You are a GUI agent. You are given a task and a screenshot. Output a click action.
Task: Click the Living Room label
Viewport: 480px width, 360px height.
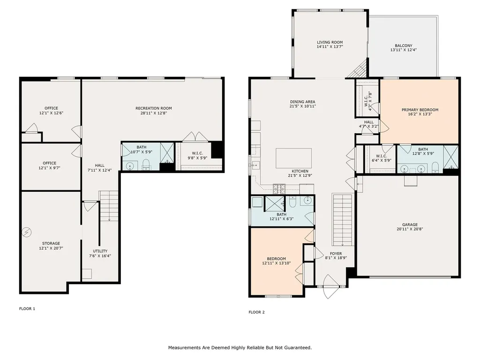330,42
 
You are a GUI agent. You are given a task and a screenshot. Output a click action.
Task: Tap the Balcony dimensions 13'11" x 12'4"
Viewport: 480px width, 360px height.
403,50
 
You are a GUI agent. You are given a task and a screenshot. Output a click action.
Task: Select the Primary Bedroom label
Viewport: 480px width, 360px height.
420,110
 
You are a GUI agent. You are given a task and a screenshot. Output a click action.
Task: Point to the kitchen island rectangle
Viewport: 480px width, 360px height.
293,158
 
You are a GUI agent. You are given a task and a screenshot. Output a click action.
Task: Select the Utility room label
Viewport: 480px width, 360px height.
100,251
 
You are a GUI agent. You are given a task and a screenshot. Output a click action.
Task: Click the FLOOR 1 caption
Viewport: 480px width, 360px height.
27,309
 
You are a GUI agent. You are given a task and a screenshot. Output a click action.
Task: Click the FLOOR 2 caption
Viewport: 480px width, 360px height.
256,312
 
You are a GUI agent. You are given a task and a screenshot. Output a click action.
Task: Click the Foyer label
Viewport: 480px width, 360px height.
335,253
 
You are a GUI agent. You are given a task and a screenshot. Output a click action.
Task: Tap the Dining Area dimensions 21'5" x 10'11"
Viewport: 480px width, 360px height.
302,106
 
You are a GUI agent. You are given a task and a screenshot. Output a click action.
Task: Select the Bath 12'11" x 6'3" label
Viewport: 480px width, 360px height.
281,219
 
